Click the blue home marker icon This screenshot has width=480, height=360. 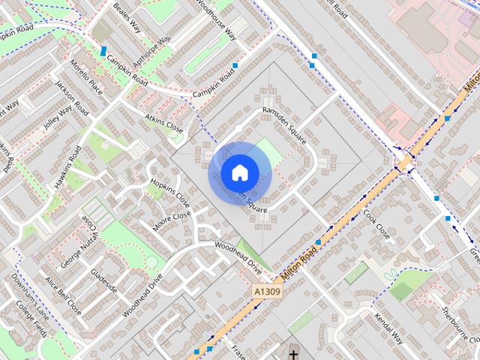[x=238, y=172]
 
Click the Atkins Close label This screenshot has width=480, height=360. [x=164, y=123]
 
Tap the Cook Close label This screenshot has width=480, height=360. [x=376, y=226]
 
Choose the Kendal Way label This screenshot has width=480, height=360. [x=388, y=328]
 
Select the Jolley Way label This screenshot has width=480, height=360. [x=57, y=118]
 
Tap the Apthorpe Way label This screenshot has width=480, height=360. [x=152, y=50]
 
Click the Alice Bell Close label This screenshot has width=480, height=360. [x=63, y=295]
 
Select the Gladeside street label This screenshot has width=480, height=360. [x=104, y=280]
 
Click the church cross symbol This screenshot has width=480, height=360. [x=293, y=353]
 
